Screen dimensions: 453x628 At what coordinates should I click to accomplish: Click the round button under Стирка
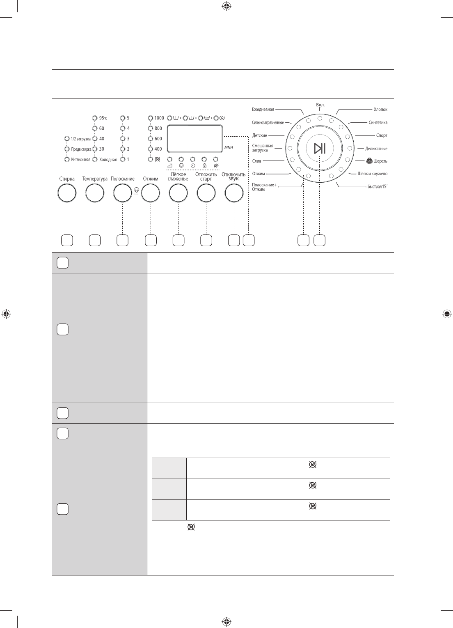click(67, 193)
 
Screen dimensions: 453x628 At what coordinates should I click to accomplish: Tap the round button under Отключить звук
click(234, 193)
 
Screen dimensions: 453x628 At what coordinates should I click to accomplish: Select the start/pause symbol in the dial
click(320, 148)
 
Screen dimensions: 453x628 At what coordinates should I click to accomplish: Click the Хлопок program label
click(380, 109)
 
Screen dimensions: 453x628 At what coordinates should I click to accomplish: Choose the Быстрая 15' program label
click(377, 186)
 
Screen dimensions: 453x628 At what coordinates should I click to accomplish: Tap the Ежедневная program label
click(263, 109)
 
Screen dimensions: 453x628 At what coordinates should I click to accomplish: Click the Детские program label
click(260, 135)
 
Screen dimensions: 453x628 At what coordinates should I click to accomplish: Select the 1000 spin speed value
click(159, 118)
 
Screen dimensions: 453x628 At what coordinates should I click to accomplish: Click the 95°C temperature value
click(103, 118)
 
